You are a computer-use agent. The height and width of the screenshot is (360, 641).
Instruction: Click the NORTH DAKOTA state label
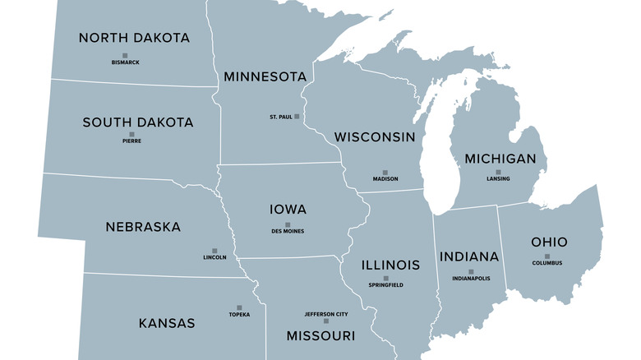(x=134, y=38)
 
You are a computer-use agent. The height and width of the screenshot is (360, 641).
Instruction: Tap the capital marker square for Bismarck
(x=125, y=56)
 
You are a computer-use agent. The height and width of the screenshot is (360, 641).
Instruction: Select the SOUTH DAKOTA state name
(x=138, y=122)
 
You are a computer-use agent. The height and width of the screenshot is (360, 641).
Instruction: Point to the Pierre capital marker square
(x=131, y=134)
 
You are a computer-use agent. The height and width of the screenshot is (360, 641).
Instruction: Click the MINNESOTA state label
(x=265, y=76)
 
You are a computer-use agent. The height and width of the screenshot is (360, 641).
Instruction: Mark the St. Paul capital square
(x=297, y=117)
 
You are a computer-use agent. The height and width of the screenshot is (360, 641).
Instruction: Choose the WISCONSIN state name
(x=375, y=137)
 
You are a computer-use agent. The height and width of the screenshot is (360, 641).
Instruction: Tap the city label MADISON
(x=385, y=179)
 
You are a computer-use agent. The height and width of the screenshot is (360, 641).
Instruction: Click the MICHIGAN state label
(x=500, y=159)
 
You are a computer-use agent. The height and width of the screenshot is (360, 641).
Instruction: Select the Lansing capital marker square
(x=498, y=173)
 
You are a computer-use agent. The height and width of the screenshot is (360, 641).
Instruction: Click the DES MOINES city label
(x=288, y=231)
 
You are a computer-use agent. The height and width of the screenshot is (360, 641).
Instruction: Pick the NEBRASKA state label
(x=143, y=227)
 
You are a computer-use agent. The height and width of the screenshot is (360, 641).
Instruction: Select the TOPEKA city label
(x=239, y=315)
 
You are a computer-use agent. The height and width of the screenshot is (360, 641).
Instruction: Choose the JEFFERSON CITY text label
(x=326, y=314)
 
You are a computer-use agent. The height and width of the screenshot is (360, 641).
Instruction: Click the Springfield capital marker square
(x=385, y=279)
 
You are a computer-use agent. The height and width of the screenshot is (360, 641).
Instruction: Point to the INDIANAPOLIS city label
(x=471, y=279)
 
